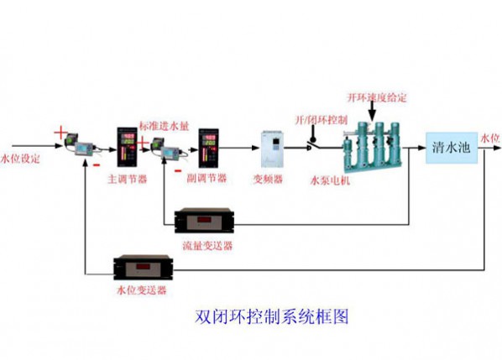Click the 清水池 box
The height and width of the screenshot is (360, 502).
(452, 147)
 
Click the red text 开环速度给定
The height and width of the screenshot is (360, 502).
(377, 97)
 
